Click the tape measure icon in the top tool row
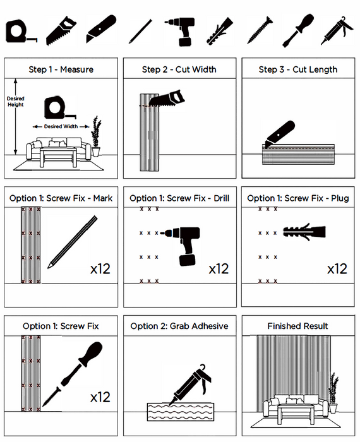pyautogui.click(x=20, y=32)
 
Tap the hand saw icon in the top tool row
pyautogui.click(x=61, y=30)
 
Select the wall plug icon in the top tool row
pyautogui.click(x=220, y=30)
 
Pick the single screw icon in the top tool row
pyautogui.click(x=260, y=30)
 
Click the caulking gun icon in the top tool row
pyautogui.click(x=337, y=30)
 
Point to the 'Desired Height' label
pyautogui.click(x=16, y=102)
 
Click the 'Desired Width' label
pyautogui.click(x=61, y=126)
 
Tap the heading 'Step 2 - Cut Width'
pyautogui.click(x=179, y=69)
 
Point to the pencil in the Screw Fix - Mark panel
pyautogui.click(x=72, y=242)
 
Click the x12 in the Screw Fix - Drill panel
pyautogui.click(x=219, y=269)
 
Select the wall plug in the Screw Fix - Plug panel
pyautogui.click(x=304, y=232)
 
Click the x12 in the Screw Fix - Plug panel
pyautogui.click(x=337, y=269)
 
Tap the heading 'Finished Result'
pyautogui.click(x=297, y=326)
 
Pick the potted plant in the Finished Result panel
pyautogui.click(x=333, y=393)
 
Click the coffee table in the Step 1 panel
pyautogui.click(x=58, y=157)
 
